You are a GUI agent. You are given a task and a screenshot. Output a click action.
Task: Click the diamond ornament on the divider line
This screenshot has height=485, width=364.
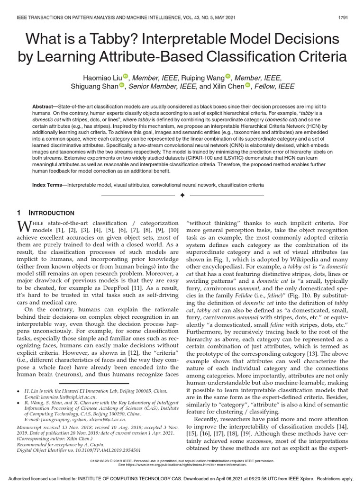coord(182,195)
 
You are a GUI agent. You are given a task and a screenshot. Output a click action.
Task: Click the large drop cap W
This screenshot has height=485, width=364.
coord(25,225)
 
